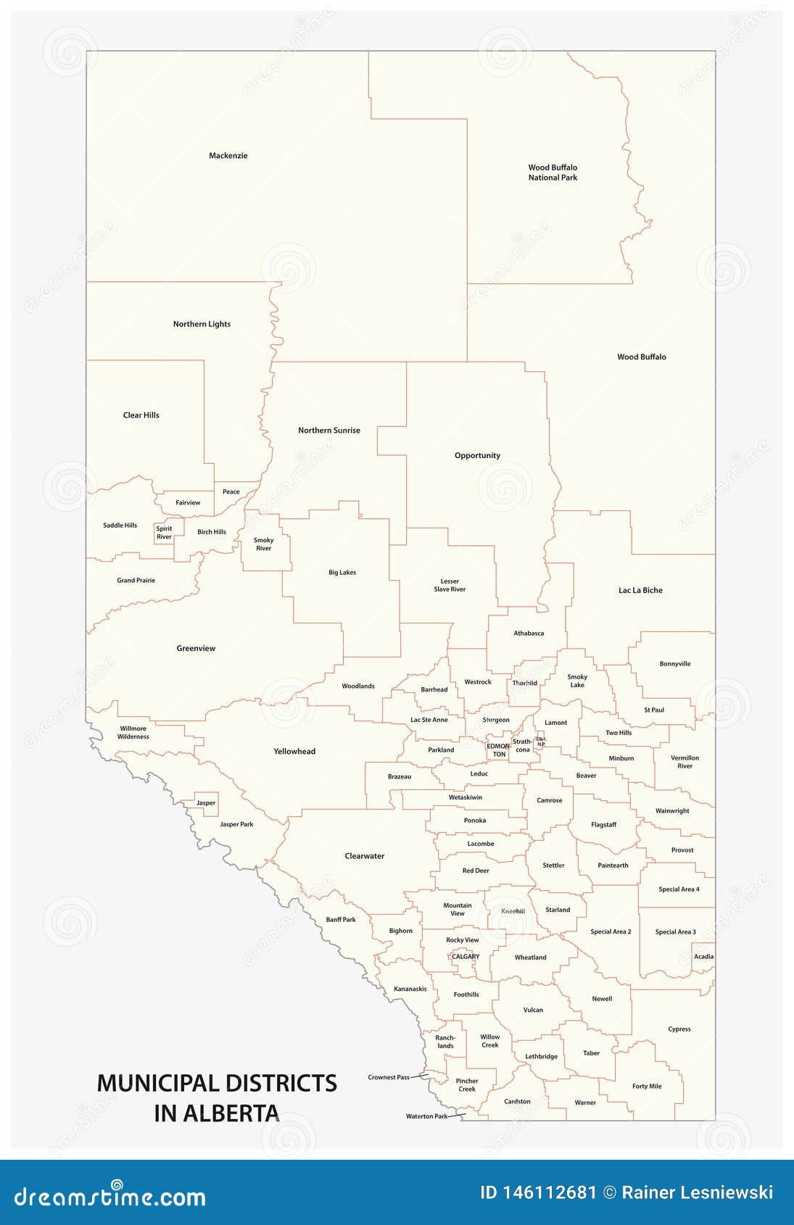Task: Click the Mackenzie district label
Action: pyautogui.click(x=228, y=156)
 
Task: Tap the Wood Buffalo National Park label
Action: pyautogui.click(x=553, y=173)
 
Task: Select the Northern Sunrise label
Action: pyautogui.click(x=328, y=431)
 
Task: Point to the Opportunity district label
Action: pyautogui.click(x=477, y=456)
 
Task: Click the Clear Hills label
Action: pyautogui.click(x=141, y=415)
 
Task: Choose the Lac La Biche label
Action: pyautogui.click(x=640, y=591)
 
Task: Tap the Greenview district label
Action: pyautogui.click(x=196, y=649)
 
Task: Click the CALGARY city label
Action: pyautogui.click(x=466, y=957)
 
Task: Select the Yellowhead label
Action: pyautogui.click(x=294, y=752)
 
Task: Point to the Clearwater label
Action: pyautogui.click(x=364, y=856)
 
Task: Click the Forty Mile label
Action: pyautogui.click(x=646, y=1087)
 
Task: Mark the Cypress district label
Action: pyautogui.click(x=679, y=1029)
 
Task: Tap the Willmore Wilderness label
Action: pyautogui.click(x=133, y=733)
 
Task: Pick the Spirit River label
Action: pyautogui.click(x=164, y=533)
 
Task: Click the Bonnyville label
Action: pyautogui.click(x=675, y=664)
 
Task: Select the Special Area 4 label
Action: pyautogui.click(x=679, y=889)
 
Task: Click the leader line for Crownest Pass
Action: pyautogui.click(x=420, y=1076)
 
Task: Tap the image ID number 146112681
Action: pyautogui.click(x=550, y=1193)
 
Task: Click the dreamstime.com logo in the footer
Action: pyautogui.click(x=110, y=1197)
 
